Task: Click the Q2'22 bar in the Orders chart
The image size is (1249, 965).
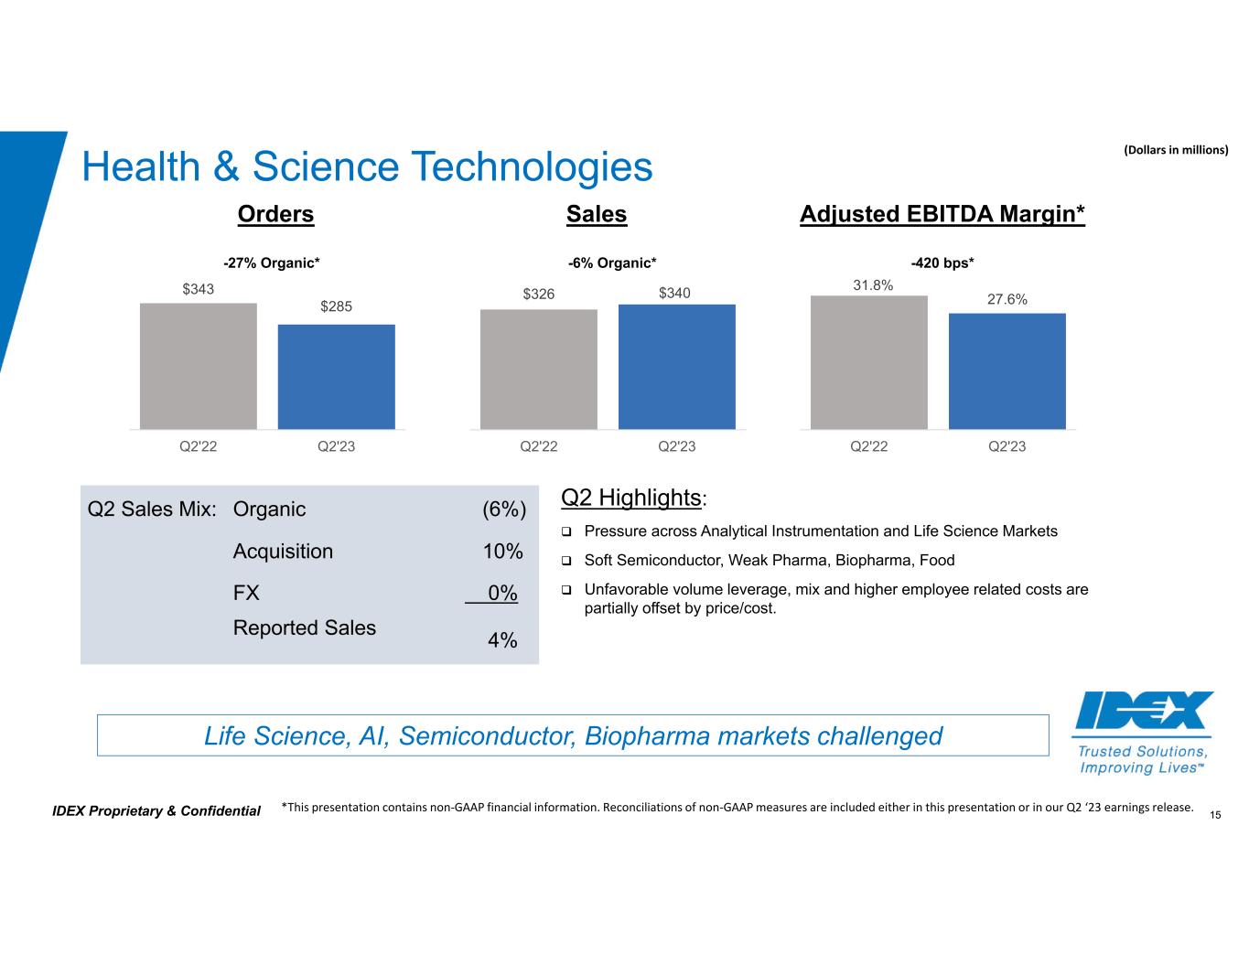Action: (198, 366)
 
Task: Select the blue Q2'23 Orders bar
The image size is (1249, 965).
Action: (336, 377)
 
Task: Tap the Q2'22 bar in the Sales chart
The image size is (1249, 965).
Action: (538, 369)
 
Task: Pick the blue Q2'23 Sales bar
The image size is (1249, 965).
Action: (676, 366)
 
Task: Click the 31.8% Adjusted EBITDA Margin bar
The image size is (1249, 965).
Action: (868, 362)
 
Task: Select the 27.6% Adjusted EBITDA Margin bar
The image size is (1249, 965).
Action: (1007, 370)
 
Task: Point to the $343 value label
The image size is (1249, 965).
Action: (199, 289)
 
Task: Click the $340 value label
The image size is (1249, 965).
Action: (675, 293)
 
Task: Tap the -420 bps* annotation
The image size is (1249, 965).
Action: (942, 263)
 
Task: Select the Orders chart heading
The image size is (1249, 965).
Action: (275, 214)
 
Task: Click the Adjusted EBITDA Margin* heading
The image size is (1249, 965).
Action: (942, 214)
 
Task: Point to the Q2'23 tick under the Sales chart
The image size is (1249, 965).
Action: (676, 446)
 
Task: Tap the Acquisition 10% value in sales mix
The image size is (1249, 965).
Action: (502, 552)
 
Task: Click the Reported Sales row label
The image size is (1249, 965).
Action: (305, 627)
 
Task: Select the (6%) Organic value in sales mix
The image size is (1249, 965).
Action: (503, 509)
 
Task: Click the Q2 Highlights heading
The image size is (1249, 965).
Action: (631, 498)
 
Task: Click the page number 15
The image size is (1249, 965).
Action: (1216, 814)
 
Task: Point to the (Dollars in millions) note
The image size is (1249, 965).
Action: (1175, 149)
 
